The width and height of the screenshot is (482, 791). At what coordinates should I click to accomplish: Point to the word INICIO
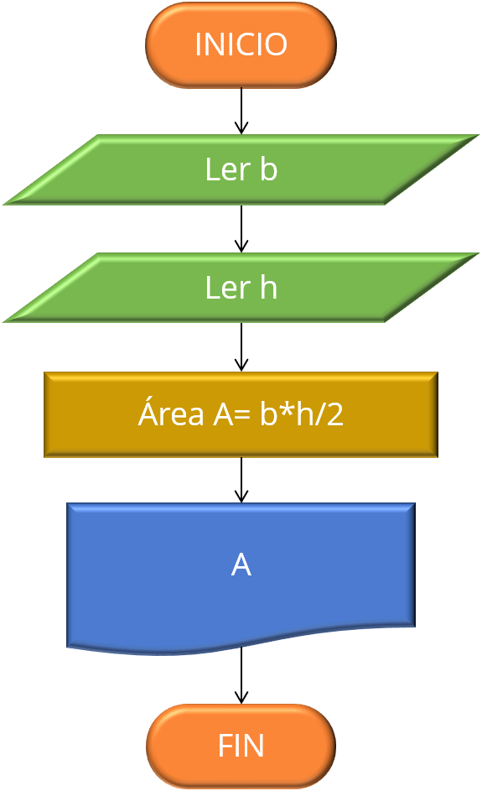point(241,44)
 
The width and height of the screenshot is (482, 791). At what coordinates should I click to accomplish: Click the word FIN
point(241,746)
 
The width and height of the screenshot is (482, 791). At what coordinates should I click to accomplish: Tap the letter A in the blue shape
point(241,565)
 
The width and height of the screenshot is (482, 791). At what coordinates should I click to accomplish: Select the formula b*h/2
point(302,414)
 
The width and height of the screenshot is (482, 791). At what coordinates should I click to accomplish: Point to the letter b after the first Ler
point(268,170)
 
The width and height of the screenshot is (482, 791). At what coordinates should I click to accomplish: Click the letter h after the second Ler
point(268,288)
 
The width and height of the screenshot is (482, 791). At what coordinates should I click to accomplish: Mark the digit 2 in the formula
point(335,414)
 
